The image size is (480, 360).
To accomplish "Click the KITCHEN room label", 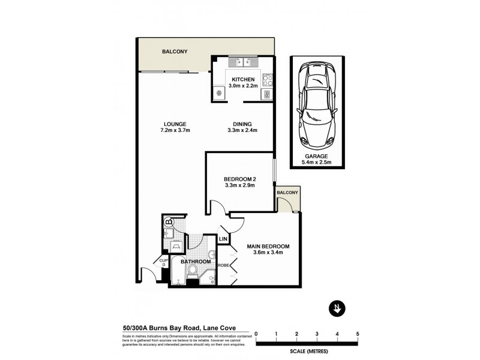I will coord(244,79).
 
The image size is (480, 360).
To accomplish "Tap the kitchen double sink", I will coord(243,61).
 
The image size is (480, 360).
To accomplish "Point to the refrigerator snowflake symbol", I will coord(219,93).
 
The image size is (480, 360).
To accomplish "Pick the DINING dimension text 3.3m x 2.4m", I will coord(241,131).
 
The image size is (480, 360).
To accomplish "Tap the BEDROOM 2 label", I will coord(239,178).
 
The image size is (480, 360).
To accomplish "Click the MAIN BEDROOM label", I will coord(268,246).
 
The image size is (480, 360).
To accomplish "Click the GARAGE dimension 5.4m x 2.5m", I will coord(318,162).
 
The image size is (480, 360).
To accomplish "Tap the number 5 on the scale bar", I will coord(358,334).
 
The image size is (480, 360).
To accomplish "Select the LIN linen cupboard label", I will coord(223,239).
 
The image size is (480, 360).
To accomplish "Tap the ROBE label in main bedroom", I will coord(223,265).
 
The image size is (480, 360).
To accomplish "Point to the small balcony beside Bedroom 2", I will coord(288,200).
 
